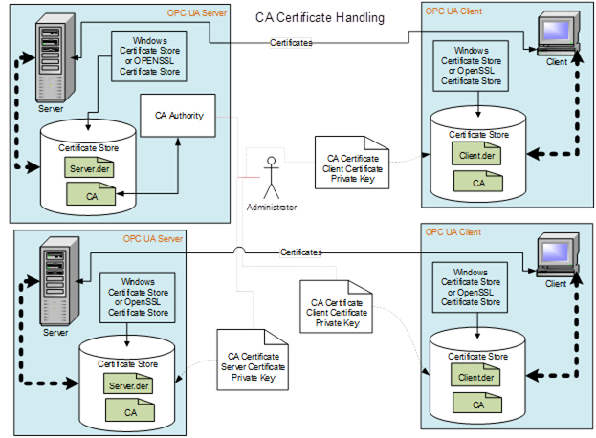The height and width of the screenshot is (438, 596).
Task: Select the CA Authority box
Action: pos(178,115)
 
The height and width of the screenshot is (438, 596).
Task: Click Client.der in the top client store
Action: pos(475,153)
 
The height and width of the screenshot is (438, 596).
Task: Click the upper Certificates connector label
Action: pos(290,43)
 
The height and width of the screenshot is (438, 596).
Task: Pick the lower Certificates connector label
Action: pos(299,252)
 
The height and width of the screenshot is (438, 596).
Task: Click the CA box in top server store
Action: pos(91,196)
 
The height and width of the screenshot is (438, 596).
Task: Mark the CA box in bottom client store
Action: pos(475,405)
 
